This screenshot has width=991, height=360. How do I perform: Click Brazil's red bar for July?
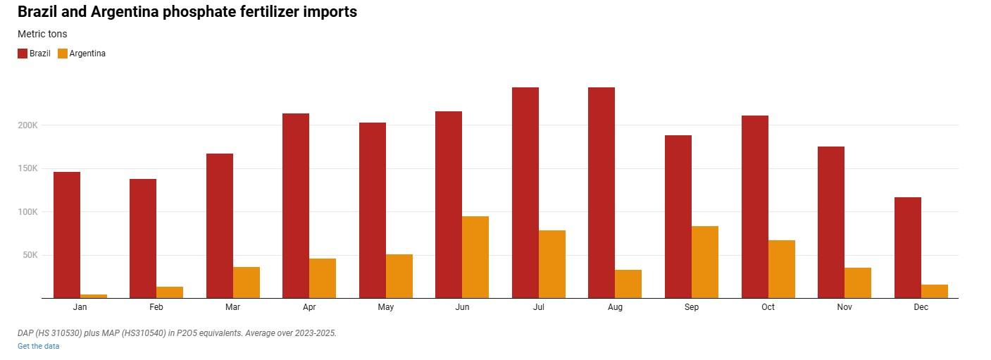(x=525, y=193)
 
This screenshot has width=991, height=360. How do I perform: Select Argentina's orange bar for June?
(x=475, y=257)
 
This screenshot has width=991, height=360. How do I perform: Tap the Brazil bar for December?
(x=908, y=248)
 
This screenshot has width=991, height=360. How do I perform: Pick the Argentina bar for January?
(x=94, y=297)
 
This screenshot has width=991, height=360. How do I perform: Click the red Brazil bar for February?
(x=143, y=238)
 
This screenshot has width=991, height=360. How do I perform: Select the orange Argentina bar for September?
(x=705, y=262)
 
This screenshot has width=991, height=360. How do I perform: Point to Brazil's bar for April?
(x=296, y=206)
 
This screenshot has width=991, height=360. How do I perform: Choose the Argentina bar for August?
(x=628, y=284)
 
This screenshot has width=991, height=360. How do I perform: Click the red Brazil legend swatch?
(x=23, y=54)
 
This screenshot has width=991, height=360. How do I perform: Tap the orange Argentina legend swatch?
(x=63, y=54)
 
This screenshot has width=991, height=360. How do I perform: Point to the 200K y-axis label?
(x=28, y=125)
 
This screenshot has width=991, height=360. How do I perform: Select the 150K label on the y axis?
(x=28, y=168)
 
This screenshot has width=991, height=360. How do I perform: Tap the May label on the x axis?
(x=386, y=307)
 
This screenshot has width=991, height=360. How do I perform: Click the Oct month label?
(x=768, y=307)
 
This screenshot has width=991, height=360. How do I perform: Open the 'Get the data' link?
(x=39, y=347)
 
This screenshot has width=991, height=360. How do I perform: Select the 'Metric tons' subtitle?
(x=42, y=34)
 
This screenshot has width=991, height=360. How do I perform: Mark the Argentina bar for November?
(x=858, y=283)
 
